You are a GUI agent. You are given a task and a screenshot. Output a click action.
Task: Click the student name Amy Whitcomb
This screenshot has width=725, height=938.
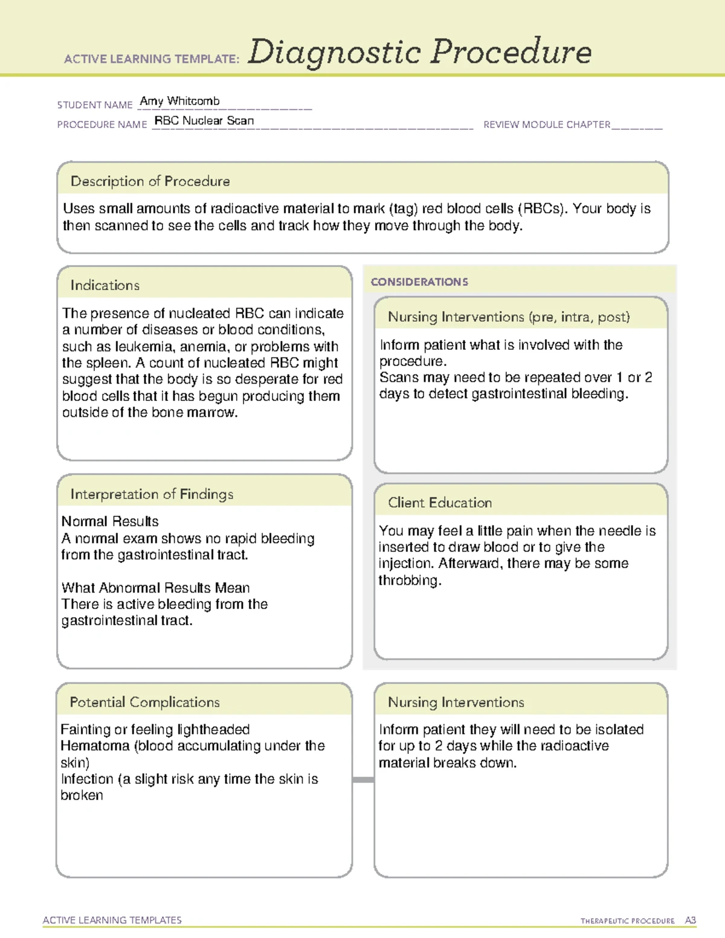[x=179, y=101]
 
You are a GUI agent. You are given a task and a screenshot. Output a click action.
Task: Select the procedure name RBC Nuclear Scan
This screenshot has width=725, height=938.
[x=204, y=121]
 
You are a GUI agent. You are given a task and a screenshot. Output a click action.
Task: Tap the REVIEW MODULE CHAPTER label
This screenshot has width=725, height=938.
[x=546, y=124]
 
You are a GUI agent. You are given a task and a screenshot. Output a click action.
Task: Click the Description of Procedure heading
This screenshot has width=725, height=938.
[x=150, y=181]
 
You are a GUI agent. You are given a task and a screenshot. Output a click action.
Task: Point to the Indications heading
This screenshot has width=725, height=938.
[x=105, y=285]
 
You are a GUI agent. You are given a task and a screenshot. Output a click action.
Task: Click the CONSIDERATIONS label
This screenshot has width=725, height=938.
[x=419, y=282]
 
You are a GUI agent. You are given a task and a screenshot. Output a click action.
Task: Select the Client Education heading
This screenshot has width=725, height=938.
[x=439, y=503]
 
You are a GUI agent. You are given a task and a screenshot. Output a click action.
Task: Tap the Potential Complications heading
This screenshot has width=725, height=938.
[x=144, y=702]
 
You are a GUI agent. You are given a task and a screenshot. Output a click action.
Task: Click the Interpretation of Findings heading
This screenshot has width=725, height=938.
[x=152, y=494]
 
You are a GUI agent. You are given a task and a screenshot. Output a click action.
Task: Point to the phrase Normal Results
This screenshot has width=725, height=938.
[x=110, y=521]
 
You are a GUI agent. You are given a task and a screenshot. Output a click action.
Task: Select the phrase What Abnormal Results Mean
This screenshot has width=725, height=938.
[x=155, y=588]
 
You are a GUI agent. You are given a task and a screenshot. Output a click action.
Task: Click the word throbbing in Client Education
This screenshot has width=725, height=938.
[x=410, y=580]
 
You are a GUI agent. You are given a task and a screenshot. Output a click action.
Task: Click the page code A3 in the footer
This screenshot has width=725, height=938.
[x=690, y=920]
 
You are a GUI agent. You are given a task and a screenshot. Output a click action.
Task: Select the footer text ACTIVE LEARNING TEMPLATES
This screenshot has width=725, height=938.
[x=112, y=920]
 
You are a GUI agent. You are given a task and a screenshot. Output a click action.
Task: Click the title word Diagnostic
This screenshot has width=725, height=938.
[x=334, y=53]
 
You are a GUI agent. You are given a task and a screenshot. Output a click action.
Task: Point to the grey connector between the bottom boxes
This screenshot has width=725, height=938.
[x=362, y=780]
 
